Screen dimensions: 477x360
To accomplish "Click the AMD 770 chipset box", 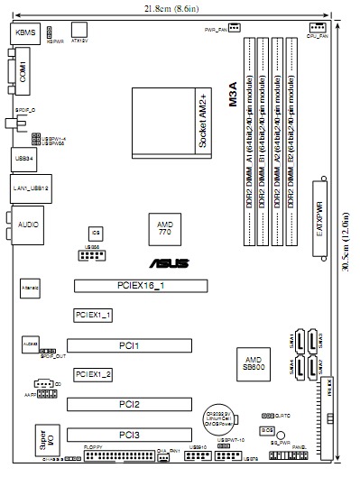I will click(x=164, y=230).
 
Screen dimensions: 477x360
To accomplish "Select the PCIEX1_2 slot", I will click(x=93, y=374).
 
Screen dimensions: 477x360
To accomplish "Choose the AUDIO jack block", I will click(x=28, y=221).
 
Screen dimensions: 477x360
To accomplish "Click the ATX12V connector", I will click(x=78, y=32).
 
